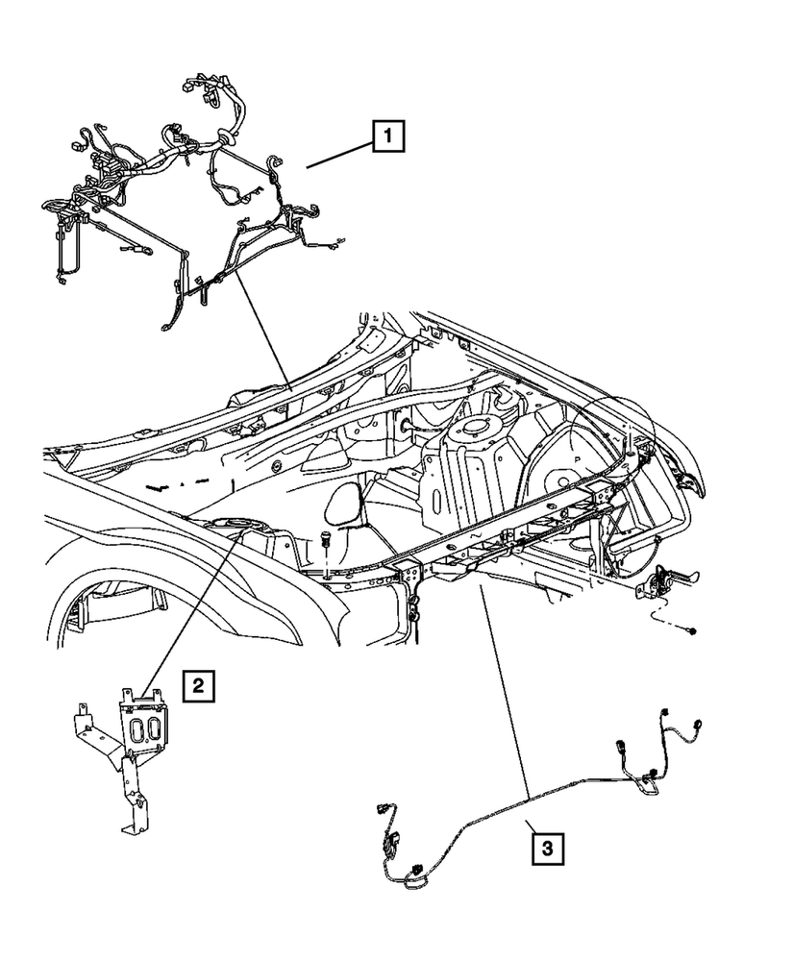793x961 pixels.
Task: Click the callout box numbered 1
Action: (x=387, y=136)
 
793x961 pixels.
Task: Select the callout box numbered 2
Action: (x=197, y=685)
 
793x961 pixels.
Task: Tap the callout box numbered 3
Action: (x=546, y=849)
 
